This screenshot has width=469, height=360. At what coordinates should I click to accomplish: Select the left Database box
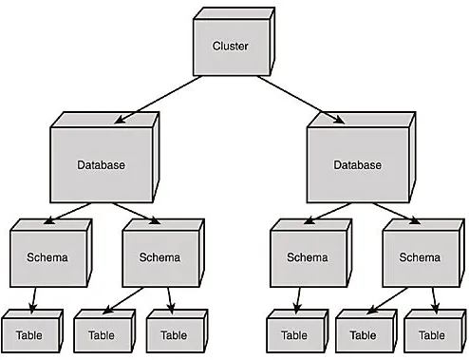100,164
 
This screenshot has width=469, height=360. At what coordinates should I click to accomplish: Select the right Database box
358,164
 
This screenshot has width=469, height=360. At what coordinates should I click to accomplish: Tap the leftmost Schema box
47,256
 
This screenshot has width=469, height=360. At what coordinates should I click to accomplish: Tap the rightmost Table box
431,334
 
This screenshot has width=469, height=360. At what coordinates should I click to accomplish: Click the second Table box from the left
101,334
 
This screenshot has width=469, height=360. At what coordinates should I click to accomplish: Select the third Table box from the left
174,334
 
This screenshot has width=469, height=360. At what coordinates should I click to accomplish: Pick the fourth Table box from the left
293,334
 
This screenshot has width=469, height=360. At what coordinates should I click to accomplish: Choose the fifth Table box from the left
362,334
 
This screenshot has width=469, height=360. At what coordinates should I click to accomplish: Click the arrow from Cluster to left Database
157,100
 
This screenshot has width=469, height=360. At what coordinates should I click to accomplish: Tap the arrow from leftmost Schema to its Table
34,298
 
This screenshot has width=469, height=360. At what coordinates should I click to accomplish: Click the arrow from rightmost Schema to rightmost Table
434,298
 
